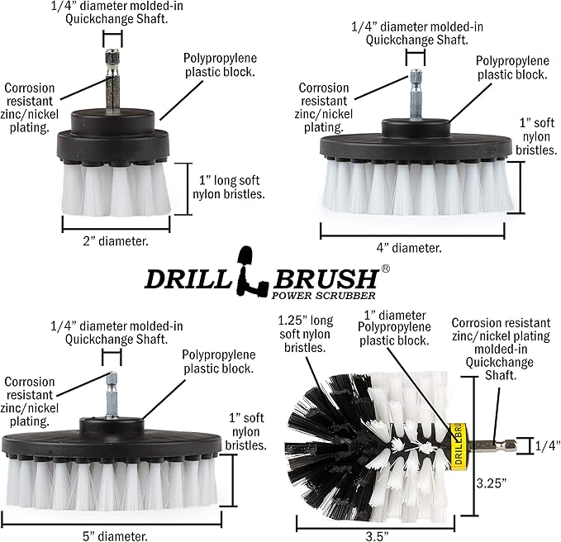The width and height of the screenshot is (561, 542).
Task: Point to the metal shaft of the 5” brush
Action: coord(110,393)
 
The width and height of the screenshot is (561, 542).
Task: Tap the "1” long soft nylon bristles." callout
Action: coord(228,187)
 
